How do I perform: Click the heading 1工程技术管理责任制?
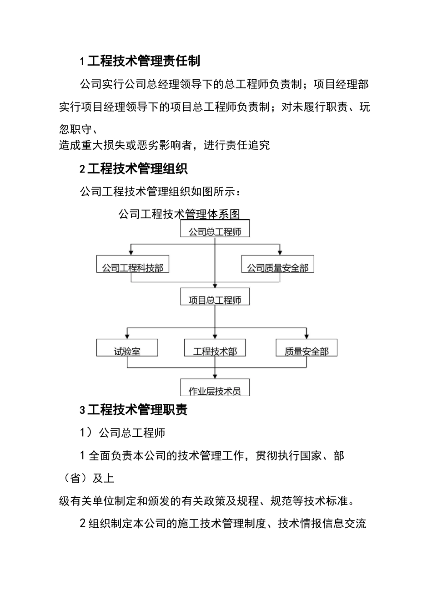tap(140, 61)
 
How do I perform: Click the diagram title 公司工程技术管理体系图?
tap(179, 214)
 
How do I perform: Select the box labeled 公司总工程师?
tap(215, 229)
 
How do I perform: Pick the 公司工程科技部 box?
tap(132, 265)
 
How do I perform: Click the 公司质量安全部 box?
tap(277, 265)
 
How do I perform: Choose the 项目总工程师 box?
tap(215, 297)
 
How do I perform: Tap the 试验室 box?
tap(127, 348)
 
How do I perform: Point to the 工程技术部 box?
tap(215, 348)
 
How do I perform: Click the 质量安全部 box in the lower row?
tap(306, 348)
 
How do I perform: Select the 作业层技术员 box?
tap(215, 388)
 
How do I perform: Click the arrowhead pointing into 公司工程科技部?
tap(131, 252)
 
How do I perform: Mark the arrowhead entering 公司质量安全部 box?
tap(280, 252)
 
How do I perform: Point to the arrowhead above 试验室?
tap(127, 336)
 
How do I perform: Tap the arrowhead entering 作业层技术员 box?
tap(215, 376)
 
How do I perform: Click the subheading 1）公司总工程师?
tap(123, 433)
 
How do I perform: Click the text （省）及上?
tap(86, 478)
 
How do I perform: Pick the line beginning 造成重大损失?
tap(164, 145)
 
